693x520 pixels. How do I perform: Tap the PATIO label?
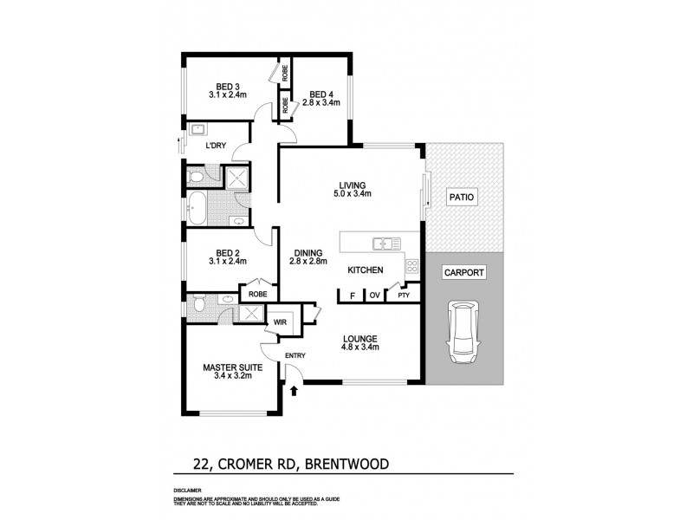[x=463, y=198]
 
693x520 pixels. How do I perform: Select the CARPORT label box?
[x=463, y=271]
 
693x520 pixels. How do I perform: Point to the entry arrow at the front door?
[x=294, y=390]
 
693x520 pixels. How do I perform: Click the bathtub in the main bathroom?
[x=197, y=207]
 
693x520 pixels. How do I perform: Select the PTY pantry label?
[x=403, y=296]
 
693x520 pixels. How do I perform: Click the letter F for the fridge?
[x=352, y=296]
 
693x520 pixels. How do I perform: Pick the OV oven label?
[x=375, y=296]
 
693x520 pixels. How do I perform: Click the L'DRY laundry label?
[x=216, y=146]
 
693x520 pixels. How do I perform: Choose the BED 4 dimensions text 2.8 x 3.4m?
[x=321, y=104]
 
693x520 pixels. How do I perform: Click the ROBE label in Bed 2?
[x=258, y=294]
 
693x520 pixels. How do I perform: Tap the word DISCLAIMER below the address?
[x=190, y=491]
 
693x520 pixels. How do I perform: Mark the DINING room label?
[x=307, y=251]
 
